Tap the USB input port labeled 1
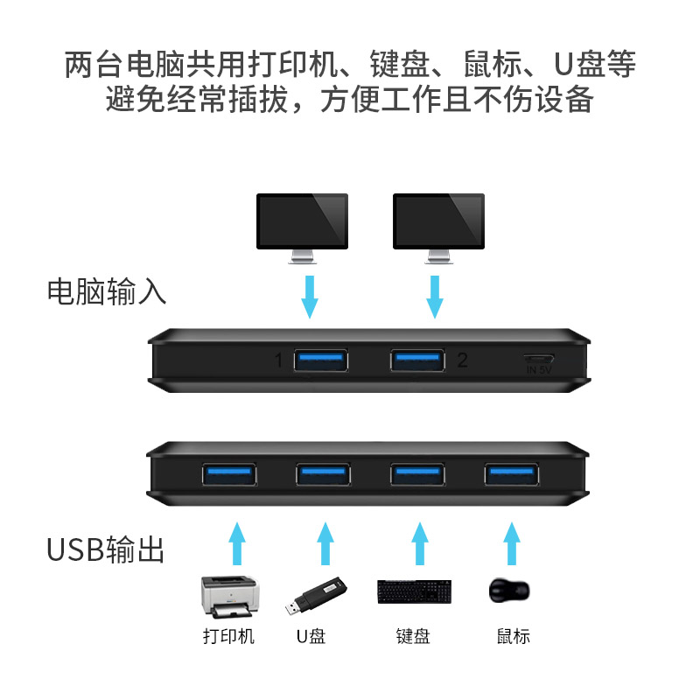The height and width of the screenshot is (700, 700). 321,360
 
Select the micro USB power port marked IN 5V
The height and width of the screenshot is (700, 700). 538,359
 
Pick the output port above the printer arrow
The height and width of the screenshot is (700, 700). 229,474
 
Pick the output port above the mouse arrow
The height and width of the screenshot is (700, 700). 512,474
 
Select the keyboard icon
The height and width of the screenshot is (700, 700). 415,592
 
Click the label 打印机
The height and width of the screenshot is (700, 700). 228,636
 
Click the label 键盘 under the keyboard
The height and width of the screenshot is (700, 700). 413,636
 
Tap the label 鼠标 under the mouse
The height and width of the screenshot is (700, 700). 512,636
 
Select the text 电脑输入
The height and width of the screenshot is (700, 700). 107,291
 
